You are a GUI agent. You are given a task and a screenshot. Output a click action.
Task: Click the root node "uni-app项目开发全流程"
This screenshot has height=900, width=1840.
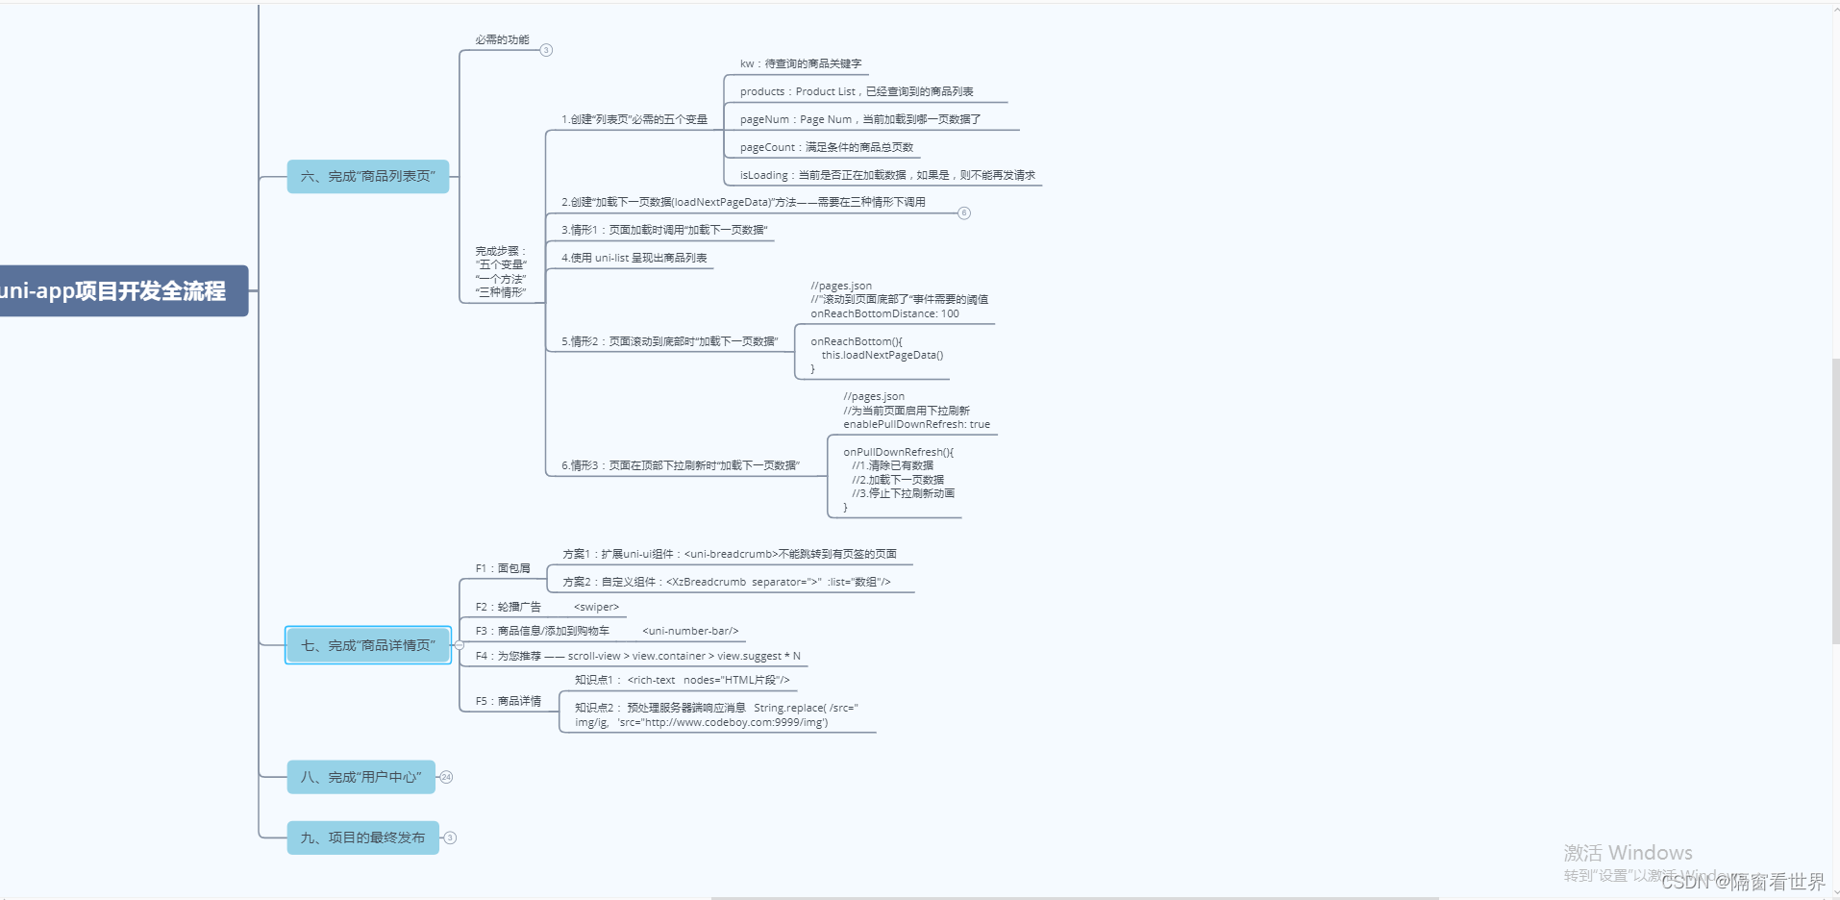point(115,290)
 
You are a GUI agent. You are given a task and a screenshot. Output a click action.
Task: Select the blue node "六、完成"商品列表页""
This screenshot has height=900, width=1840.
point(367,176)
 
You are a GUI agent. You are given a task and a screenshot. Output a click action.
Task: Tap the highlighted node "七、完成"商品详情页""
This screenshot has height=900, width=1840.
point(367,645)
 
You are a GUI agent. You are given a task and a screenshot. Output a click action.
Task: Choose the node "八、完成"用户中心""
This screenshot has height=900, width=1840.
point(361,777)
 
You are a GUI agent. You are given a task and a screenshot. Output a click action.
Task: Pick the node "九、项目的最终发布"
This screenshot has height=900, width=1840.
point(362,837)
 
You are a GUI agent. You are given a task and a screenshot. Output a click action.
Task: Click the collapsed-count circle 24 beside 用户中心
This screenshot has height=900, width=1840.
point(446,777)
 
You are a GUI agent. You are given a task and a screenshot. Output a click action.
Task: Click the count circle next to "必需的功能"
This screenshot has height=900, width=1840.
point(546,50)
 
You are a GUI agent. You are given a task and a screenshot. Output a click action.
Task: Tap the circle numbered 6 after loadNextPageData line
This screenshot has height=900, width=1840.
point(964,212)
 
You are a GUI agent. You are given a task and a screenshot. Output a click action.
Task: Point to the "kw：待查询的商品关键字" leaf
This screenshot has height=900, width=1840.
point(800,63)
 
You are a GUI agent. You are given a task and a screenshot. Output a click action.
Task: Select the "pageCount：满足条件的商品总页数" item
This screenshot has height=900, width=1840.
point(826,147)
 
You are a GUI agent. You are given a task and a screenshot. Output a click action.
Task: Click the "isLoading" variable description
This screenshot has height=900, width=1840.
point(886,175)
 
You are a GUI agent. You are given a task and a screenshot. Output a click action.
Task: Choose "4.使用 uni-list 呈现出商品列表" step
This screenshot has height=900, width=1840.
point(634,258)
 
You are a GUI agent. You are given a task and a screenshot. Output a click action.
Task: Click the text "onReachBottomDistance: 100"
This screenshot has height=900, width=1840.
point(884,313)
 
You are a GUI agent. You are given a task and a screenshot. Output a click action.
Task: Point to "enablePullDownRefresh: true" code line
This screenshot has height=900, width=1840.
point(916,424)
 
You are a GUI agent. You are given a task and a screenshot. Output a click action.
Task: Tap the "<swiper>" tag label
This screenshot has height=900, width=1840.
point(596,607)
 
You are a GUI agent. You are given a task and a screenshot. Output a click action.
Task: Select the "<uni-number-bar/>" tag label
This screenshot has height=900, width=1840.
point(690,631)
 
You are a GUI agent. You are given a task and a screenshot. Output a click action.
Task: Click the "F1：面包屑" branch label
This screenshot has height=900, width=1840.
point(502,568)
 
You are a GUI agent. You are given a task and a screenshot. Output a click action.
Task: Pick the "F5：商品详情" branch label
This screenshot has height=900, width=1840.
point(508,701)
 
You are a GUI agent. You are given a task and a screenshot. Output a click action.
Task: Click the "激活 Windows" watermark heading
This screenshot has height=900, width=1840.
point(1627,853)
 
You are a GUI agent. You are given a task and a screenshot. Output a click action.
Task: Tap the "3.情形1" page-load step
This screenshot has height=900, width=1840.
point(664,230)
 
